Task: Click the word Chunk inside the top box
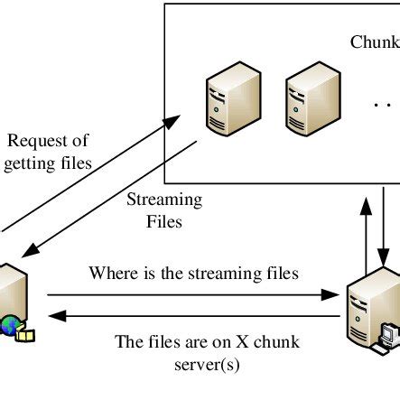(374, 43)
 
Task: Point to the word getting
(33, 163)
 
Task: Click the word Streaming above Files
(163, 199)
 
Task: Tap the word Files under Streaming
(163, 219)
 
